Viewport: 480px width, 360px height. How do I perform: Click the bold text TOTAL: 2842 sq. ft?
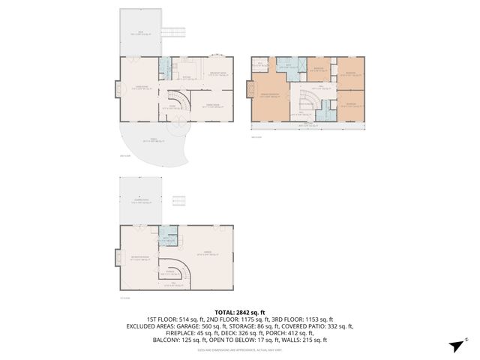point(240,312)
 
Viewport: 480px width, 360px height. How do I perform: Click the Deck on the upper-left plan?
point(139,32)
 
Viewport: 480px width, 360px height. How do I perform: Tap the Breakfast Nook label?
point(220,72)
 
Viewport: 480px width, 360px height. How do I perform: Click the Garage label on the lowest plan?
point(202,253)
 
